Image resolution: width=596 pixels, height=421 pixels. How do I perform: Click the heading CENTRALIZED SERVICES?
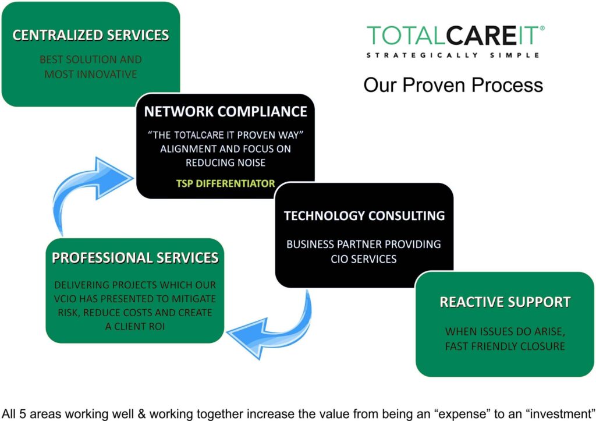click(91, 35)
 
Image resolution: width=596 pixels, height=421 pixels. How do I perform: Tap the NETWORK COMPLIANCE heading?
click(226, 111)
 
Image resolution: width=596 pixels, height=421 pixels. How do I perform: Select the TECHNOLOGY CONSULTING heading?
click(364, 215)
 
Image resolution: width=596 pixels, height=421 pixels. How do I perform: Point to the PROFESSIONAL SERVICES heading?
click(135, 258)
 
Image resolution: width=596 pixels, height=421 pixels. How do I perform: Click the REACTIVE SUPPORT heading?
click(505, 302)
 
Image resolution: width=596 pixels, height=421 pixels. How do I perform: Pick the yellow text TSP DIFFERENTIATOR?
click(225, 183)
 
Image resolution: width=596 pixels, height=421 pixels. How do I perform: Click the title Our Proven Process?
click(453, 85)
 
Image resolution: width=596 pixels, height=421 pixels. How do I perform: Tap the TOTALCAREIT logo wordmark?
click(453, 36)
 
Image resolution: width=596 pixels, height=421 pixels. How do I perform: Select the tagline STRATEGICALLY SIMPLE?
click(453, 55)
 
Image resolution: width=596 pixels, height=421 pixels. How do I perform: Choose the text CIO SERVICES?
click(364, 259)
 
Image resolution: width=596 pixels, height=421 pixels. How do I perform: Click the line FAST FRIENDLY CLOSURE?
click(505, 346)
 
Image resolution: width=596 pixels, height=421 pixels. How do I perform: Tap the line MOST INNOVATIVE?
click(90, 74)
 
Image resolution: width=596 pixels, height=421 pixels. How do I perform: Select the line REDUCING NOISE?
click(225, 163)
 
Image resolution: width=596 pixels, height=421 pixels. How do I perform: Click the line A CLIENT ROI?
click(135, 326)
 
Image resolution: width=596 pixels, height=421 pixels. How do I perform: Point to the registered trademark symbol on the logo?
click(542, 28)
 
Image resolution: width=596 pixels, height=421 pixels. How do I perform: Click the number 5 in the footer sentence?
click(22, 414)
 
